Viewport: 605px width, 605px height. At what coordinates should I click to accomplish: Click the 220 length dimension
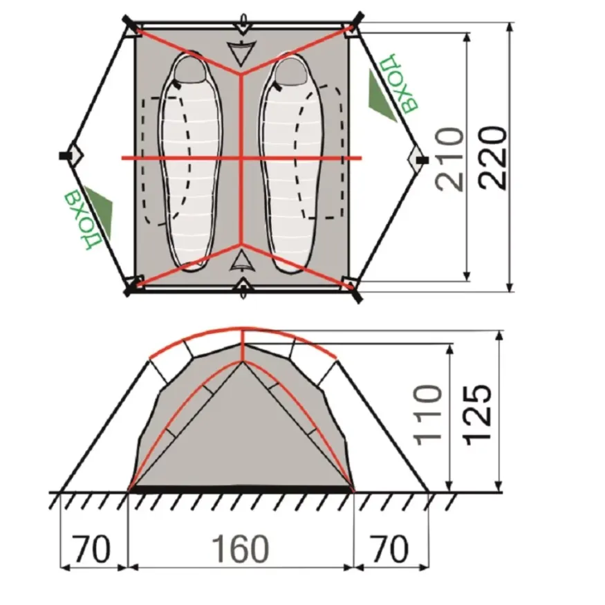click(493, 158)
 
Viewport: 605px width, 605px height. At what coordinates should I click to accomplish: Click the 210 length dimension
click(451, 159)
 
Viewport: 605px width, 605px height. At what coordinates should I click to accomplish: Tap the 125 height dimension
click(478, 414)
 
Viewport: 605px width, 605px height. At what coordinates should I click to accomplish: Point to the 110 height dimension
click(427, 414)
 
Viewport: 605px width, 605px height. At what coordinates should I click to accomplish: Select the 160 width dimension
click(241, 548)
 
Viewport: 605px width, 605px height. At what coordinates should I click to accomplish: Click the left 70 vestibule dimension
click(91, 548)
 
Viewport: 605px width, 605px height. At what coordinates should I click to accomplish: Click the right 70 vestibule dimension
click(389, 548)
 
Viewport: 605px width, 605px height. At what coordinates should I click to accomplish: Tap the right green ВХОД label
click(398, 84)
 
